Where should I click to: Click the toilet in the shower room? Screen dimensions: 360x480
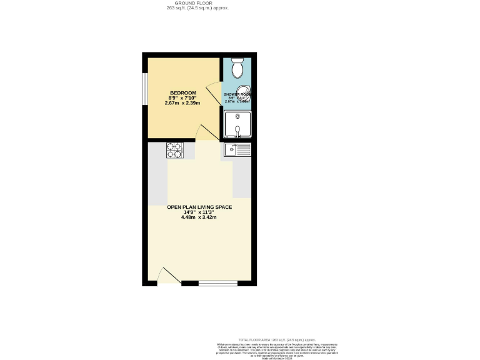tap(237, 66)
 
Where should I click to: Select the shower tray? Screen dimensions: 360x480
tap(237, 124)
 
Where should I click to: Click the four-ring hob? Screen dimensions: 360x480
tap(174, 151)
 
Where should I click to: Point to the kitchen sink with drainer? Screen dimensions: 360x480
tap(237, 150)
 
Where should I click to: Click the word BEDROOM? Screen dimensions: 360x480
tap(183, 94)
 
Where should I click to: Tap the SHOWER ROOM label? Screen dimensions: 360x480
tap(237, 94)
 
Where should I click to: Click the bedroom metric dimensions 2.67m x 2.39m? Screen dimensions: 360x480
tap(182, 103)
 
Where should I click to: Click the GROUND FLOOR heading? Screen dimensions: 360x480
tap(194, 3)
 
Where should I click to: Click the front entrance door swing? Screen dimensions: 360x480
tap(166, 276)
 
